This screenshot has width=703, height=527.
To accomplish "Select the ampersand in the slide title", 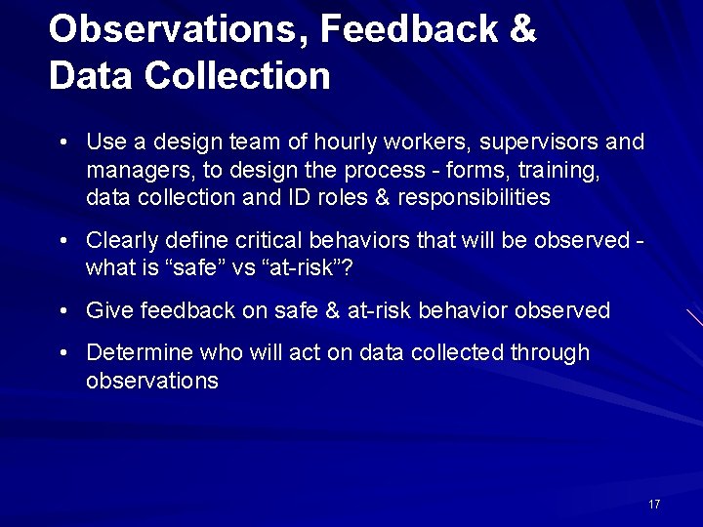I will click(x=522, y=29).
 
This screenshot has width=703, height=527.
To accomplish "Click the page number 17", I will click(x=654, y=504).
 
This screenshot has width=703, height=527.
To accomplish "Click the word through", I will click(x=550, y=352).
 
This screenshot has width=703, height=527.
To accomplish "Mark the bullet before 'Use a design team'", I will click(x=62, y=143).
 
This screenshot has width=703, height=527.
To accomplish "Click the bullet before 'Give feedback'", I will click(x=62, y=312).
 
